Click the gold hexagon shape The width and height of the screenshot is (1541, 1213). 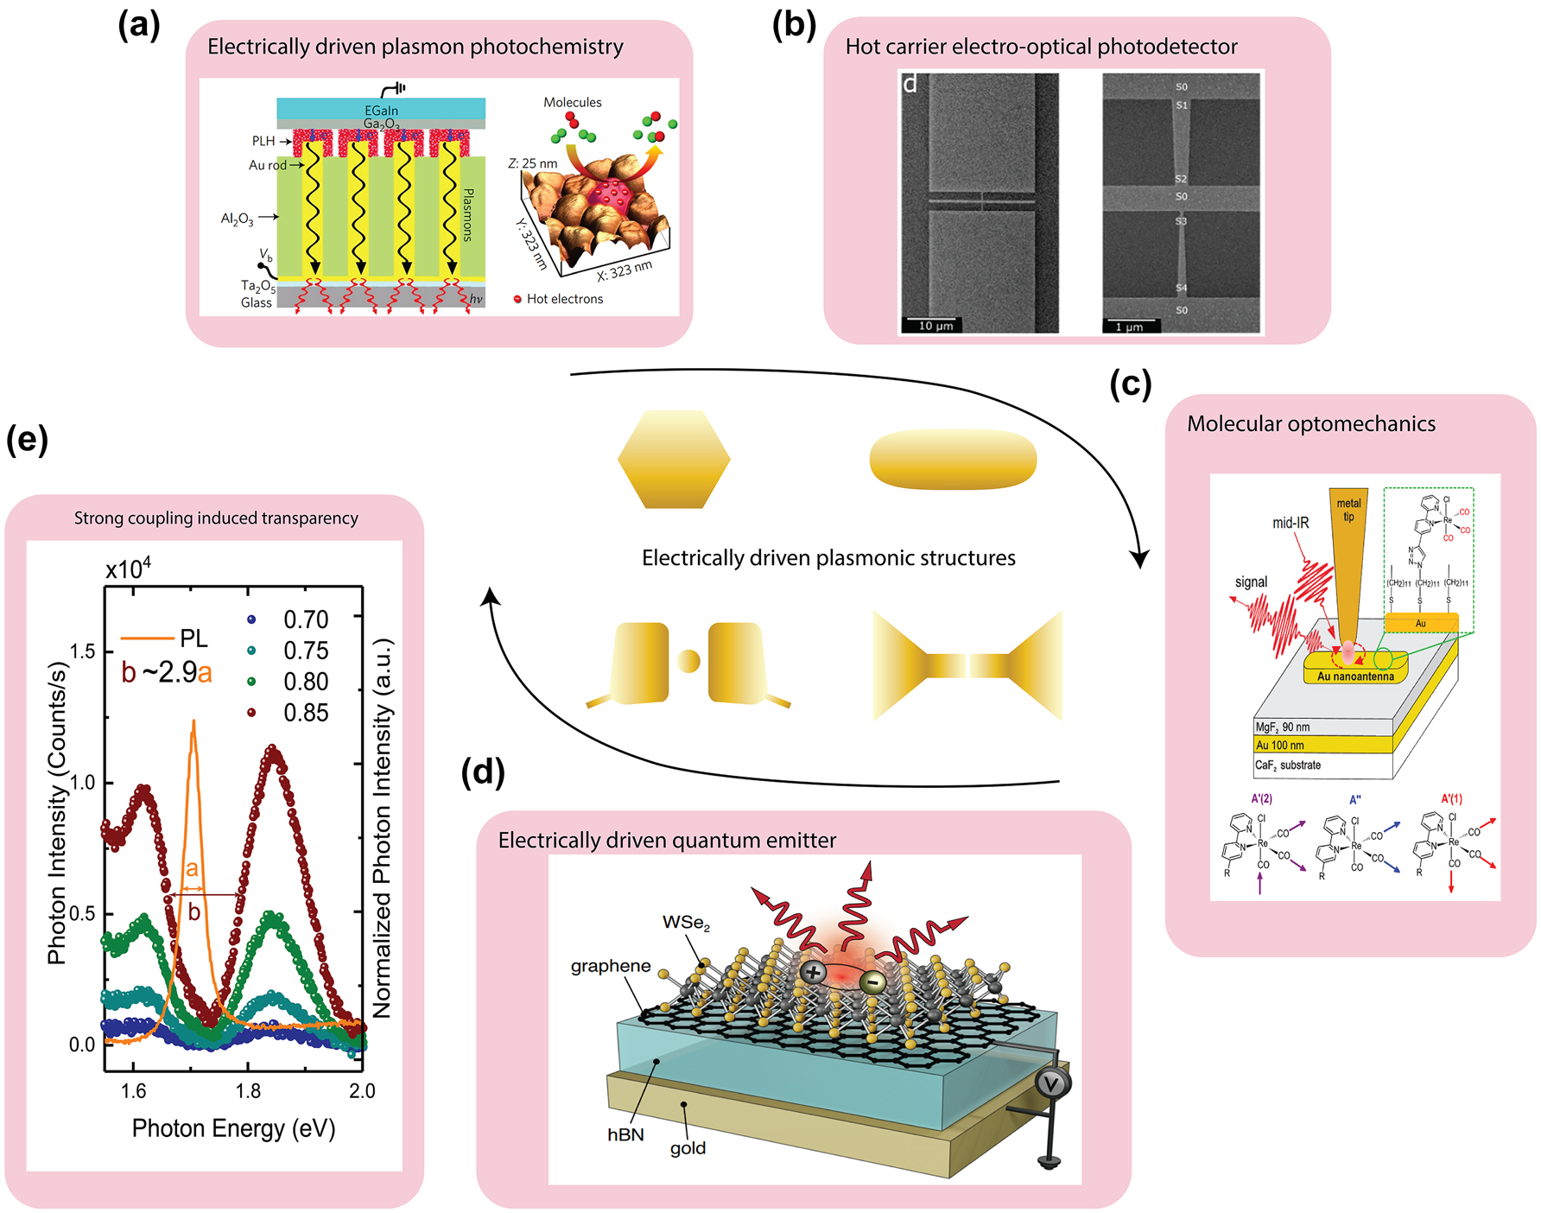click(x=674, y=459)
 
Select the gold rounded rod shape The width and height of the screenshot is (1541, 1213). click(x=952, y=459)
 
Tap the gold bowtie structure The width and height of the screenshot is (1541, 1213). click(x=967, y=665)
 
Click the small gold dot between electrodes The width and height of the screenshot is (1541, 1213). click(x=688, y=661)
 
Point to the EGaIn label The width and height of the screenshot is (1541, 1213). click(x=381, y=111)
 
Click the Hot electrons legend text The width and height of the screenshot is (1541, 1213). click(x=564, y=299)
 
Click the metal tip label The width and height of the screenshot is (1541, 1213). click(x=1348, y=510)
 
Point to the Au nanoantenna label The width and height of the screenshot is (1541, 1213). click(x=1355, y=676)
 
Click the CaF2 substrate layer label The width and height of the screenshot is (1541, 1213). click(x=1288, y=765)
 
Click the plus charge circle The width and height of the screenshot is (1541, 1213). click(x=813, y=973)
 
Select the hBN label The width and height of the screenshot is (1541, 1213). click(x=625, y=1134)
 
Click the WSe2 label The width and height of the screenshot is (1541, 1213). click(x=686, y=923)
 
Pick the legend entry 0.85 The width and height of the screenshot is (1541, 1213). click(x=306, y=713)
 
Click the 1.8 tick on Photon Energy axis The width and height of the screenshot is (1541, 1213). click(x=248, y=1091)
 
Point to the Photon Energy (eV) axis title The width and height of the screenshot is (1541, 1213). click(x=233, y=1128)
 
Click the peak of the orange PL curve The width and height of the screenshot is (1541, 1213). click(x=193, y=721)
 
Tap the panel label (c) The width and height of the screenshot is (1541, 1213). click(x=1130, y=384)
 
